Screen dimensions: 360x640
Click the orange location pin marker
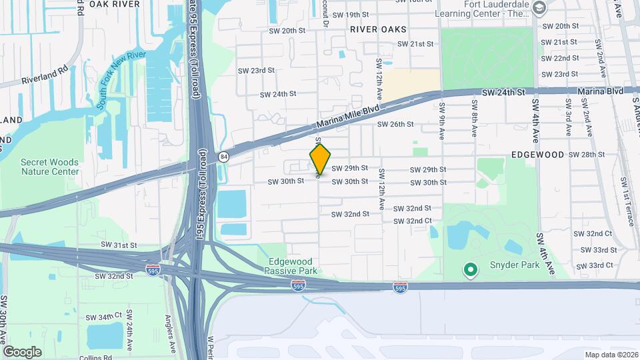tap(320, 159)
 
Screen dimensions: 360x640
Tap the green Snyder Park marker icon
tap(471, 270)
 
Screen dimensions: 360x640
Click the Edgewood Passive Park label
tap(293, 266)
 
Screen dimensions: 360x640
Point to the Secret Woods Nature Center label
tap(49, 167)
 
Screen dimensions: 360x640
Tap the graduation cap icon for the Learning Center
tap(539, 9)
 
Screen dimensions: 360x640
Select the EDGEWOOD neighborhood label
tap(537, 154)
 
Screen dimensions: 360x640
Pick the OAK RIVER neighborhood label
tap(115, 4)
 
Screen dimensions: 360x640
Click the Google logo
tap(22, 351)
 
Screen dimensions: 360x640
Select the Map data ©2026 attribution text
tap(611, 355)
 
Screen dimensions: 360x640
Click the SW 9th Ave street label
tap(442, 121)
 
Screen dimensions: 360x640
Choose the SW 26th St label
tap(395, 124)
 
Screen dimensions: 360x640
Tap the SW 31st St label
tap(119, 245)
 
